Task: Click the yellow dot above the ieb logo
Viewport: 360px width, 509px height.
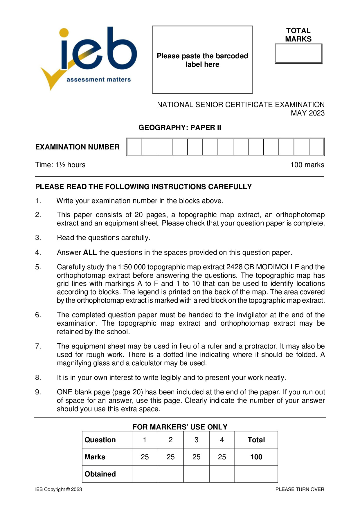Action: click(64, 33)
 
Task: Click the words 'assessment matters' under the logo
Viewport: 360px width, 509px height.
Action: click(99, 80)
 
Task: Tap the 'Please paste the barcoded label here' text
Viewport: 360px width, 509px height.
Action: click(202, 60)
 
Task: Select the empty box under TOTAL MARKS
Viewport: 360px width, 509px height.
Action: click(298, 54)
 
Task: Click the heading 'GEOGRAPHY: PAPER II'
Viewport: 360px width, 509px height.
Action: click(180, 128)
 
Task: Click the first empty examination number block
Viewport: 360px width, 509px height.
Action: click(134, 147)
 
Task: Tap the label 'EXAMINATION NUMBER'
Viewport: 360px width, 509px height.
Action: click(77, 147)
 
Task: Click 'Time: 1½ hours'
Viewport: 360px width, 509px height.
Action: click(60, 165)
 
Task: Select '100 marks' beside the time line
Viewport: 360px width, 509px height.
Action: click(307, 165)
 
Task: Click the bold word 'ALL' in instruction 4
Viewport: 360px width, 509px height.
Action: click(90, 252)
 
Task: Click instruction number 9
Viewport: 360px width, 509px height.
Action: click(38, 392)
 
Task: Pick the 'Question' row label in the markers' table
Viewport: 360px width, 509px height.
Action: click(100, 440)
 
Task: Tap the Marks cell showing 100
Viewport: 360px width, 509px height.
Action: click(256, 457)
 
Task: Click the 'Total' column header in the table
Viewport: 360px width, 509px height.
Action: click(256, 440)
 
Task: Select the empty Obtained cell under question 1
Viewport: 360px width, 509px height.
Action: click(145, 474)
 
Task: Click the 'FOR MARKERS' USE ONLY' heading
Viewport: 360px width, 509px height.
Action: click(180, 427)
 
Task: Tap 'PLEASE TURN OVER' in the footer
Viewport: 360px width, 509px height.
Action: click(300, 489)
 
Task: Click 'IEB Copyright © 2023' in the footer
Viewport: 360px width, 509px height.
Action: click(59, 489)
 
